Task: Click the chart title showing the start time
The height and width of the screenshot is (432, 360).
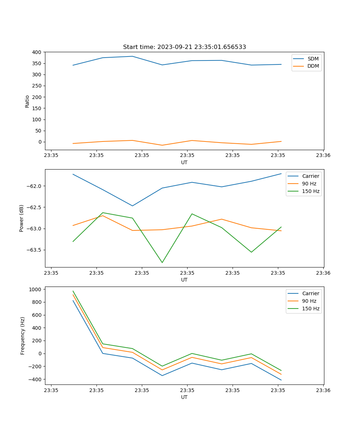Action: tap(184, 47)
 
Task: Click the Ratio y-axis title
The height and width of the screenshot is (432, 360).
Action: tap(27, 101)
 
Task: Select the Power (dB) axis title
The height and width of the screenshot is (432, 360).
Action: tap(22, 218)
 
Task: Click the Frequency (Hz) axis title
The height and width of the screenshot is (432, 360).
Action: tap(23, 336)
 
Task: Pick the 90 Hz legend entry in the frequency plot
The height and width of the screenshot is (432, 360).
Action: tap(309, 301)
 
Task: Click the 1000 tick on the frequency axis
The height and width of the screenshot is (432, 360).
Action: tap(35, 289)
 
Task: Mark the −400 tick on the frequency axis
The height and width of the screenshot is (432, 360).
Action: tap(35, 379)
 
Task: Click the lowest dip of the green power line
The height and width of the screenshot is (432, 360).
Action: tap(162, 262)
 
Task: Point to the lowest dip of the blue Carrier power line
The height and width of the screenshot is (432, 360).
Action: tap(132, 206)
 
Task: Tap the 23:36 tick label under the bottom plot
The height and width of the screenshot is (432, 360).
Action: tap(323, 390)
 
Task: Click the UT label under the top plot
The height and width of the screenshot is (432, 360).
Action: tap(184, 162)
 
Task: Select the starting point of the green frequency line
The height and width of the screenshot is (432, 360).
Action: tap(73, 291)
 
